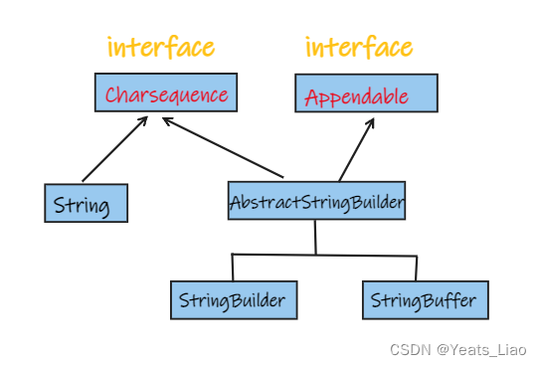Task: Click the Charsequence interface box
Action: (x=166, y=92)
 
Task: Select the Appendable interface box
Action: (x=366, y=92)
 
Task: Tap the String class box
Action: (x=87, y=203)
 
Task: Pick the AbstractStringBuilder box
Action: (x=316, y=202)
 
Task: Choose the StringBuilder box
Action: (x=233, y=298)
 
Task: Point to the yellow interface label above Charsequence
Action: (x=160, y=47)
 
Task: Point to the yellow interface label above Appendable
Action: (x=358, y=47)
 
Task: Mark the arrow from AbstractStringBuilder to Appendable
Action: (x=355, y=149)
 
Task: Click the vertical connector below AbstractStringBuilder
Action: (x=315, y=238)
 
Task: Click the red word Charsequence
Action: (x=166, y=95)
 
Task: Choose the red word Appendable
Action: (x=356, y=97)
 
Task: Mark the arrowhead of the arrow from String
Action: (x=145, y=119)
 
